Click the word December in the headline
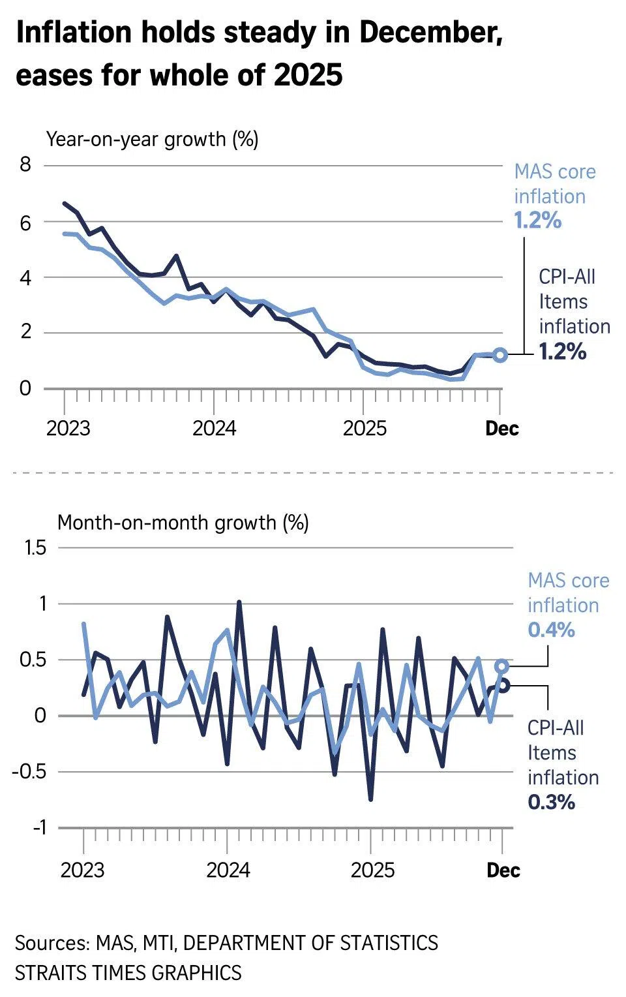430,33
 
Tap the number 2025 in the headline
308,75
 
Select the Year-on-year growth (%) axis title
152,139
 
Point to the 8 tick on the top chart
25,164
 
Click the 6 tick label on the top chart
25,223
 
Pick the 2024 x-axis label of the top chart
215,429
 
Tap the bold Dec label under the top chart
502,429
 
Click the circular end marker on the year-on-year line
500,355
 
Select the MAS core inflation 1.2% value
538,221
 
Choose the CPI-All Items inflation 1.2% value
563,352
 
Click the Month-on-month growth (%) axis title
183,523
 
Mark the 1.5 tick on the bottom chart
35,547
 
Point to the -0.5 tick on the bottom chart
30,772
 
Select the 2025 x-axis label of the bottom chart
372,870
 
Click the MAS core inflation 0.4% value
551,630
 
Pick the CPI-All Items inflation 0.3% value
551,802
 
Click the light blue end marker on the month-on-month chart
501,666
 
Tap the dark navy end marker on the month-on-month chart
503,684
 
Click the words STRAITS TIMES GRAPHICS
128,973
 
